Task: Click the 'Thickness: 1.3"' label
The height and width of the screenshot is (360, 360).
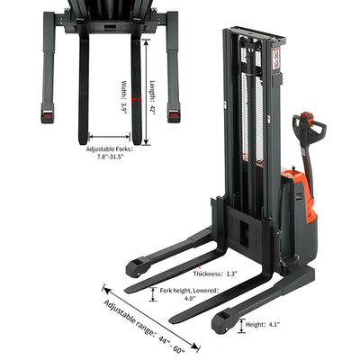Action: click(215, 274)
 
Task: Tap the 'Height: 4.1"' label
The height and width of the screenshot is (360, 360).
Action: click(263, 324)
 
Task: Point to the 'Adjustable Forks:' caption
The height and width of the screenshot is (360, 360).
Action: click(109, 149)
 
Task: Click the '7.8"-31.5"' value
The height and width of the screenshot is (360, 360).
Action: click(111, 157)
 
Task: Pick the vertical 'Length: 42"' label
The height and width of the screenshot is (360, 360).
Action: click(153, 98)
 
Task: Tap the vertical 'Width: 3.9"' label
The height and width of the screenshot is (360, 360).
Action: click(124, 96)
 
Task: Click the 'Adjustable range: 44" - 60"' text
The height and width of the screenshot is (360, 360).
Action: click(145, 326)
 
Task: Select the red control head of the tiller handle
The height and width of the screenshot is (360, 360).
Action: click(306, 116)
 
